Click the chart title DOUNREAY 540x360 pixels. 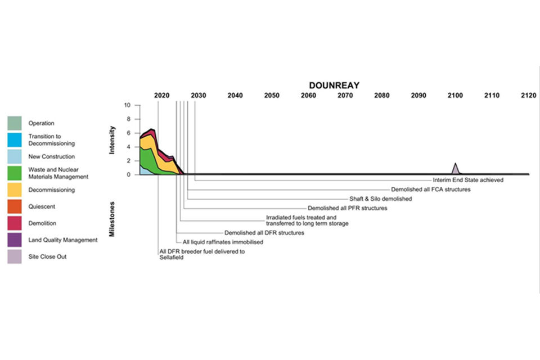334,85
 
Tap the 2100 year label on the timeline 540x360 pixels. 455,96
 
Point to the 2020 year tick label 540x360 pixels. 161,96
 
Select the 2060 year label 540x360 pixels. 308,96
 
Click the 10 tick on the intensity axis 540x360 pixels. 128,105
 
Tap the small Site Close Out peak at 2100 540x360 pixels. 455,169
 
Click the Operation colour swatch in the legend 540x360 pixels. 15,123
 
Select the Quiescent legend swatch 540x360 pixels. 15,207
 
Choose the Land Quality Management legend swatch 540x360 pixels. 15,240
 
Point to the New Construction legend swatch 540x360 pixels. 15,157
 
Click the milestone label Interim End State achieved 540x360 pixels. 468,181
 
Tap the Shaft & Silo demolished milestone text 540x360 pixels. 380,199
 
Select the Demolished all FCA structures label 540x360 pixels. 430,190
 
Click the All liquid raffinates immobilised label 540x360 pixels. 223,242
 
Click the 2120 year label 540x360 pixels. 528,96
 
